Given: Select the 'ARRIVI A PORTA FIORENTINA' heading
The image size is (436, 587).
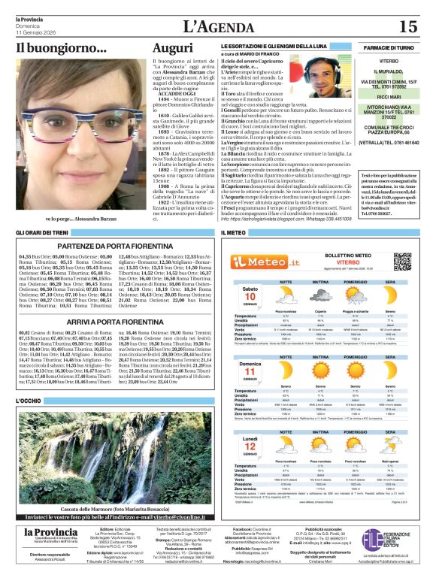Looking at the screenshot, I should click(x=115, y=321).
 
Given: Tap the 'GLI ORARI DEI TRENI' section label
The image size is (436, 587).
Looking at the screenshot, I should click(x=44, y=233).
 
